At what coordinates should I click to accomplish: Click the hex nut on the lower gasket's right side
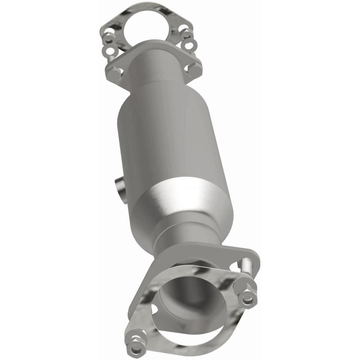(248, 298)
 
